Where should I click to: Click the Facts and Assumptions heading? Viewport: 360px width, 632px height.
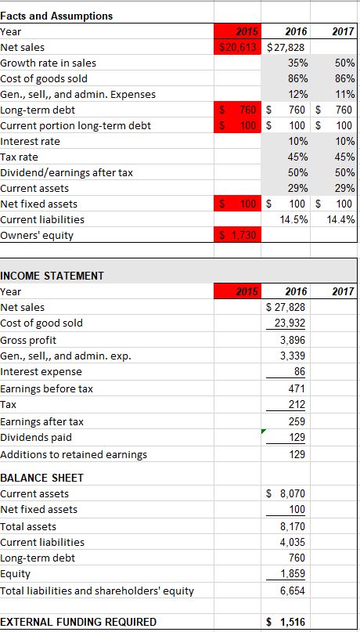point(57,16)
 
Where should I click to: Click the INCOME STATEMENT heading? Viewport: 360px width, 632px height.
point(52,275)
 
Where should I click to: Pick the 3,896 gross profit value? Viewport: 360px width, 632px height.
point(292,340)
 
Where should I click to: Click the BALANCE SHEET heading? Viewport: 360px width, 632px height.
point(42,477)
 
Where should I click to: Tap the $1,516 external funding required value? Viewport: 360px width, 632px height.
point(286,622)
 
